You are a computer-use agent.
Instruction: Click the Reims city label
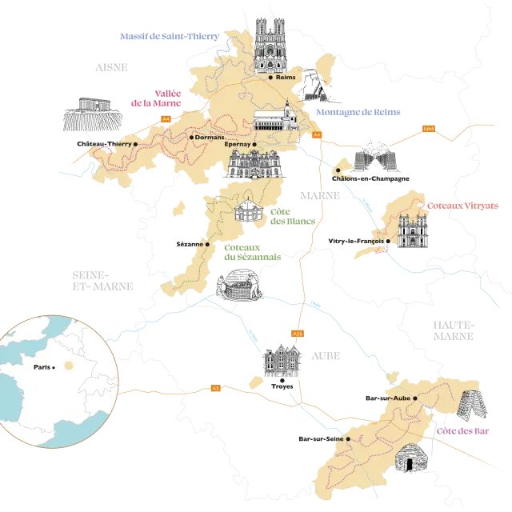[x=286, y=78]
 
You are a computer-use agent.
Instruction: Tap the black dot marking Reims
[x=271, y=78]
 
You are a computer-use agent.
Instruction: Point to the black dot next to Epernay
[x=254, y=145]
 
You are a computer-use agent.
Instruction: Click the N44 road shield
[x=428, y=127]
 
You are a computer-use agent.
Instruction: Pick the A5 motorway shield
[x=215, y=388]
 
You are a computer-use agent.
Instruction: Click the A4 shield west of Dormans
[x=166, y=119]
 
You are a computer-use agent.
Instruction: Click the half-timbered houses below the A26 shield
[x=281, y=362]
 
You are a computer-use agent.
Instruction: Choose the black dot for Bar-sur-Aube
[x=414, y=398]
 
